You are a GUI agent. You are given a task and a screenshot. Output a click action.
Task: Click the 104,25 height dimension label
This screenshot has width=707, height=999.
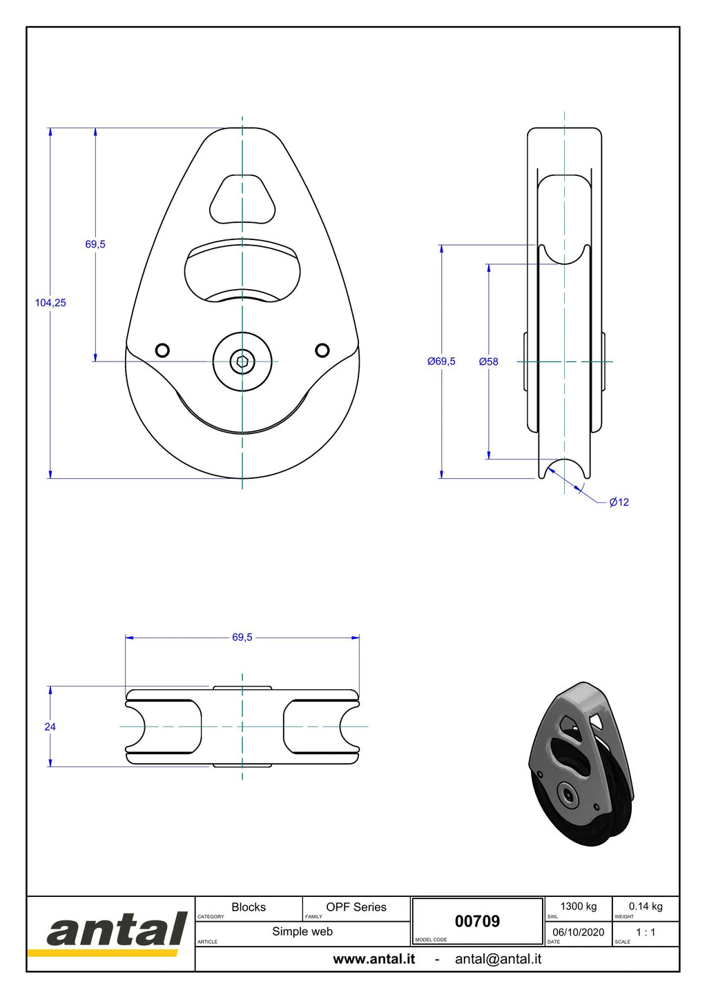50,303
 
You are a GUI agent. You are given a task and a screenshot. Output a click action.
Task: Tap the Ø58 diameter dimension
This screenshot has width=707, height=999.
488,362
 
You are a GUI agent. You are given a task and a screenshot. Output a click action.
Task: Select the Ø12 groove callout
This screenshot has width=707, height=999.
619,502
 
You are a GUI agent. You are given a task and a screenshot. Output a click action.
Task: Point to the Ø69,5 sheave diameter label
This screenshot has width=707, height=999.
441,362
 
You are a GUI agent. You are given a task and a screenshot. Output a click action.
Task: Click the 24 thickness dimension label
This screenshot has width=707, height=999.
50,726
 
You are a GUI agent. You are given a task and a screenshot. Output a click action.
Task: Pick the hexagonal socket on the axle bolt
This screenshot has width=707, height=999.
242,362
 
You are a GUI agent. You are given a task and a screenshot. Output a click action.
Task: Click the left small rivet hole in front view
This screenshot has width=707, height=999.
162,350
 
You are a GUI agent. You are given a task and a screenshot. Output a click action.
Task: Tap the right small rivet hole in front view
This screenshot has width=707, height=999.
322,350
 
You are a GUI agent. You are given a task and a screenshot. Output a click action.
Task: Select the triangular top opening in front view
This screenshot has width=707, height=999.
242,199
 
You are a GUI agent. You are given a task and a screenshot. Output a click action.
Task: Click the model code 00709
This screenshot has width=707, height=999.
477,921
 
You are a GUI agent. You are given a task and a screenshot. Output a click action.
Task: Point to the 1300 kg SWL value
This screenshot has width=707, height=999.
579,907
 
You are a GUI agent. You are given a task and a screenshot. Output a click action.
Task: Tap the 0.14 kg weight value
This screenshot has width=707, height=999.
646,907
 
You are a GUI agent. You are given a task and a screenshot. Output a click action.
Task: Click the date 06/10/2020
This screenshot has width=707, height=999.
579,932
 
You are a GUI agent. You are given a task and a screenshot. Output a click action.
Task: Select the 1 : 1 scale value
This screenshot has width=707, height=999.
646,932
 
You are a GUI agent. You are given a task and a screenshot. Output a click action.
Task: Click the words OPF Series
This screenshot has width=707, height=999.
356,907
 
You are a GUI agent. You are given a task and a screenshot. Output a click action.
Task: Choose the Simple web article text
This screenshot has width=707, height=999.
302,931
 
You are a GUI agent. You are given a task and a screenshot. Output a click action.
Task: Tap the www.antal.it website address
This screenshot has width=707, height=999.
374,959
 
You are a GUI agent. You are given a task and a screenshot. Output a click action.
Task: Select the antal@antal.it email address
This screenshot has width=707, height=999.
498,959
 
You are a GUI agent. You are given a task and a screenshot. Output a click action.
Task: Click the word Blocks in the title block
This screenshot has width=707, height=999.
249,907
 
